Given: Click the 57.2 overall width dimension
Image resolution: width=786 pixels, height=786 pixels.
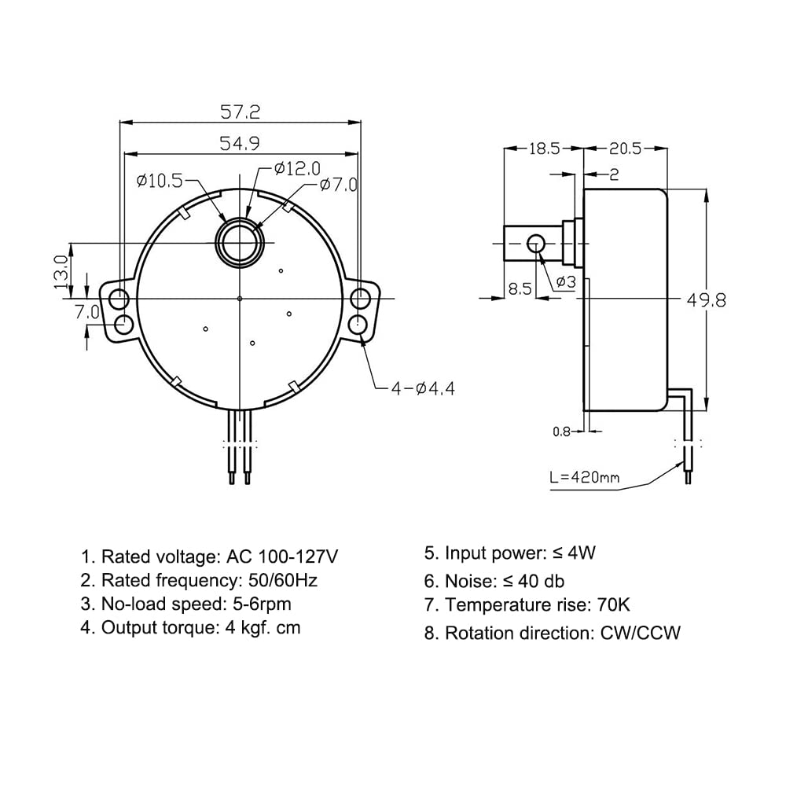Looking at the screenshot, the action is pyautogui.click(x=240, y=112).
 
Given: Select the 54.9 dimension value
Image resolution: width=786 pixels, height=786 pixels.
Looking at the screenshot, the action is pyautogui.click(x=240, y=144).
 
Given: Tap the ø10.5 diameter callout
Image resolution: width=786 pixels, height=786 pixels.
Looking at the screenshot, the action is pyautogui.click(x=160, y=181).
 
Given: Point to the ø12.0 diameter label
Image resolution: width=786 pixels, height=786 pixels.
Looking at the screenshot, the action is pyautogui.click(x=297, y=168).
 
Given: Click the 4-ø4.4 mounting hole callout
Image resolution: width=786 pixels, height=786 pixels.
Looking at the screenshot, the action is pyautogui.click(x=423, y=388).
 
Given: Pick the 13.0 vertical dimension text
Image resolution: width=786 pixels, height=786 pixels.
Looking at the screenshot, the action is pyautogui.click(x=61, y=272).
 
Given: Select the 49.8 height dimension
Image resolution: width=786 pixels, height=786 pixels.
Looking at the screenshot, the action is pyautogui.click(x=706, y=300).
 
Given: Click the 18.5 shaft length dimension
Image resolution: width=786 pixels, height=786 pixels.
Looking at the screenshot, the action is pyautogui.click(x=545, y=149).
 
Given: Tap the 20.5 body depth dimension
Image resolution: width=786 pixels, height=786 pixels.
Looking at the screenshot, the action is pyautogui.click(x=625, y=149).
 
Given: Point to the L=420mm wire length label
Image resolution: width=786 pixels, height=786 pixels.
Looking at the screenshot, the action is pyautogui.click(x=585, y=477).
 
